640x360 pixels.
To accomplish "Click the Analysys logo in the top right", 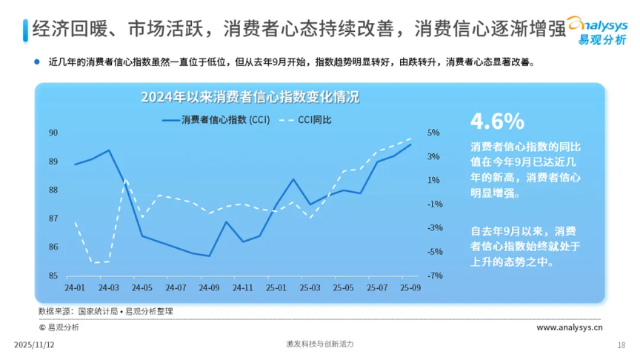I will click(x=601, y=30).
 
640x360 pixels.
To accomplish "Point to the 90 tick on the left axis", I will click(x=53, y=133).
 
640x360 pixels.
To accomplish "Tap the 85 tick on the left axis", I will click(x=53, y=276).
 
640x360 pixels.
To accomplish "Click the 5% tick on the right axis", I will click(x=434, y=133).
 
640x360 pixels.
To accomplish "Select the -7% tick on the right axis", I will click(x=435, y=276).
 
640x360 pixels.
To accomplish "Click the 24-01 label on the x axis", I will click(x=74, y=287).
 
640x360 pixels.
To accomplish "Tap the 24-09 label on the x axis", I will click(x=210, y=287).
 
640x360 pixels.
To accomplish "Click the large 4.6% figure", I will click(x=497, y=121).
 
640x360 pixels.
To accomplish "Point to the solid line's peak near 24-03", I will click(x=109, y=150).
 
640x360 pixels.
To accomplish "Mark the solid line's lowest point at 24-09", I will click(x=210, y=256).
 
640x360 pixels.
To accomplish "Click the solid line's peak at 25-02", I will click(x=293, y=179).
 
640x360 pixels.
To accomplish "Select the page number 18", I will click(x=621, y=344).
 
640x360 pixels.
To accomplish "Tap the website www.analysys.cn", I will click(x=569, y=327).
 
